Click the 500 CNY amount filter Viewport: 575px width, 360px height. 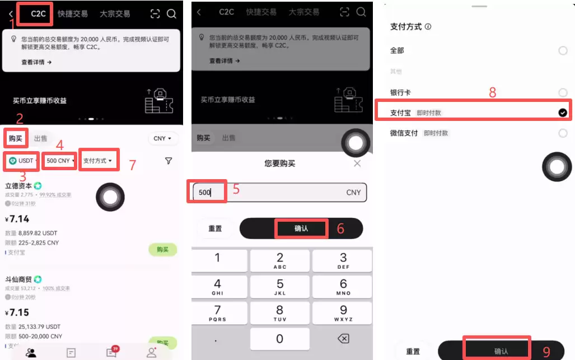[59, 161]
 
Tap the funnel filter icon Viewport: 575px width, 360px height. [169, 161]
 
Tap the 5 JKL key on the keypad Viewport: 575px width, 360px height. [280, 286]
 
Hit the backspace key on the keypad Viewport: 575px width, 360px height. [343, 339]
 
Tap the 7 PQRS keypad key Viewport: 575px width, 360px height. [217, 312]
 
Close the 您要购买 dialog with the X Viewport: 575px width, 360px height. [357, 163]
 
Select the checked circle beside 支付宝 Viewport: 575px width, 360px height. [563, 113]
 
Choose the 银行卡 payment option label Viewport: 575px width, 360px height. [400, 92]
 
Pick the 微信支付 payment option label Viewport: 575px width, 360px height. [404, 133]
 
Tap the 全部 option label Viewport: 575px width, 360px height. [397, 50]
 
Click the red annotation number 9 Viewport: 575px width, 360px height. [546, 351]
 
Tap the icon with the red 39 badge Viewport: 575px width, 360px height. [111, 352]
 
